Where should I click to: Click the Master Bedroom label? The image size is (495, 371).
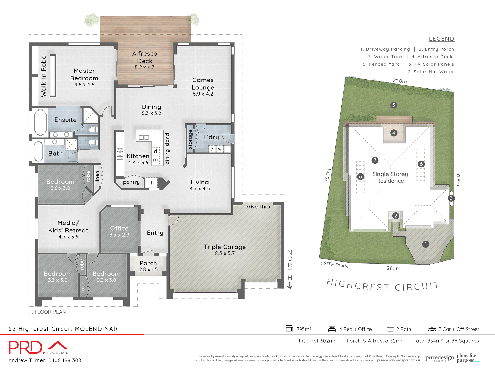[x=84, y=74]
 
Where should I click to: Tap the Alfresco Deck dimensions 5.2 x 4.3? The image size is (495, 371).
[x=145, y=68]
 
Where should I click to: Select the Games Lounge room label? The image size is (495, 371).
[x=203, y=84]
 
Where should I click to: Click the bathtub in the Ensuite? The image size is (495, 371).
[x=40, y=122]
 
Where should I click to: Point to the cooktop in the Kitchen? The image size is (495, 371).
[x=120, y=154]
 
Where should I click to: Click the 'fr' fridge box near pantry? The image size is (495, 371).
[x=152, y=183]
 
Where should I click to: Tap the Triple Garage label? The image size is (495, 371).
[x=225, y=247]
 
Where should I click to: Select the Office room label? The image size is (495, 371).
[x=119, y=228]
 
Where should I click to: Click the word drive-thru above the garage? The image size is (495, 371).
[x=258, y=207]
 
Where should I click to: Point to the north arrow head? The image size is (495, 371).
[x=290, y=286]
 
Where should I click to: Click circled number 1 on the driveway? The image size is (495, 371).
[x=426, y=244]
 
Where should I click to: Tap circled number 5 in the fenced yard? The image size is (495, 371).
[x=393, y=105]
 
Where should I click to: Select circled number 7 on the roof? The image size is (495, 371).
[x=375, y=160]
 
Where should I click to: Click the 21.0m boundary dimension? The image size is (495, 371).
[x=400, y=81]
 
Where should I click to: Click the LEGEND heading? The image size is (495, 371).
[x=441, y=39]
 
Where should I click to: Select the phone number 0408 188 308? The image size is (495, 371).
[x=65, y=360]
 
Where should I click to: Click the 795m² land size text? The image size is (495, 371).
[x=304, y=329]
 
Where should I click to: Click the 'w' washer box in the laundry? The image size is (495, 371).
[x=220, y=149]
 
